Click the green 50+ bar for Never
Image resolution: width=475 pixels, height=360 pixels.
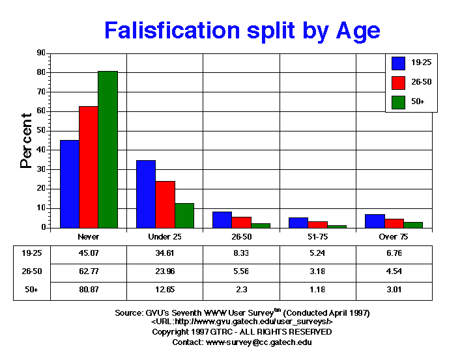108,150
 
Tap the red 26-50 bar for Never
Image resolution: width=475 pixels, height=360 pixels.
89,167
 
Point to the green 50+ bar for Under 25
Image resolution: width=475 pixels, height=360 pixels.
184,215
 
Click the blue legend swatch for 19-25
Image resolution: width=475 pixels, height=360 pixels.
399,62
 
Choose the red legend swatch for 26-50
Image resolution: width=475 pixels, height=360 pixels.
399,82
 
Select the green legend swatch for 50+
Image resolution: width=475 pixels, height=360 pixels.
399,102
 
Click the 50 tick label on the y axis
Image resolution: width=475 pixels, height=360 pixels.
41,130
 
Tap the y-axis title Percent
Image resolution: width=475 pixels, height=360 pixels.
26,141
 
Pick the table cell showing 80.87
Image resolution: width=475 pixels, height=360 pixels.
88,290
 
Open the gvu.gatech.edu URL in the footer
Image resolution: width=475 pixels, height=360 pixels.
242,322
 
